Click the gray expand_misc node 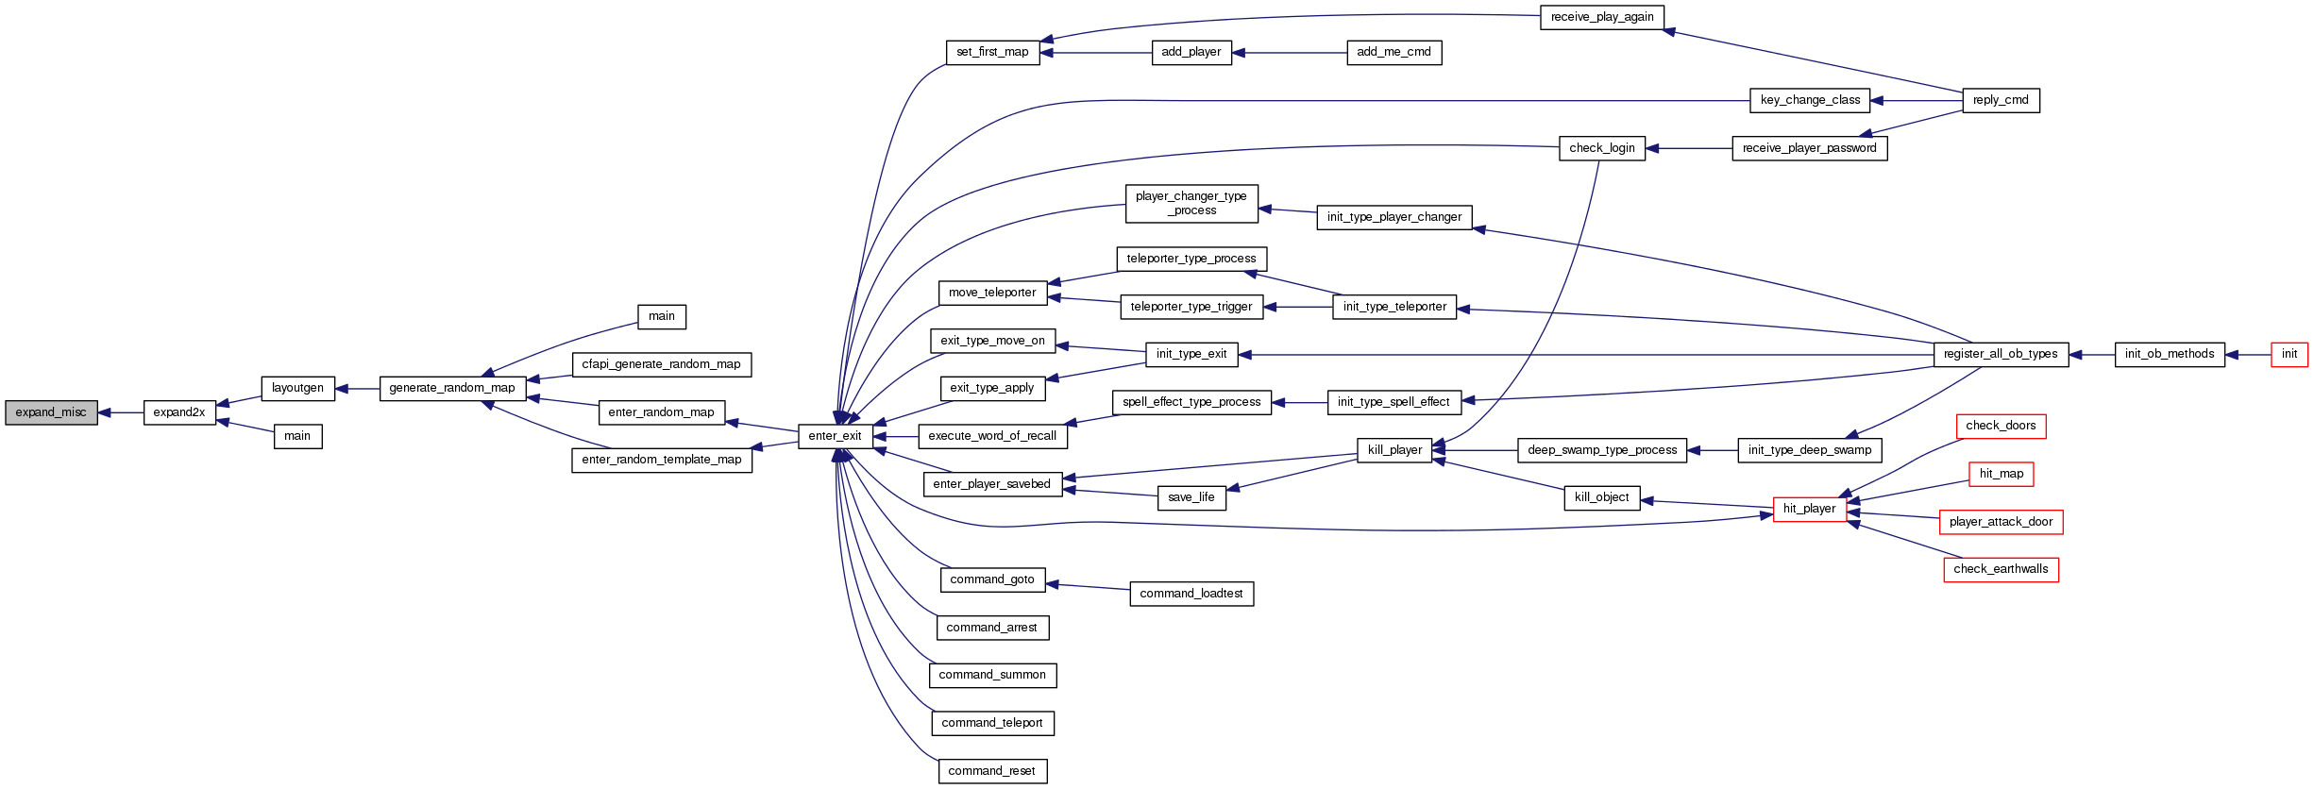[51, 412]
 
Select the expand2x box [179, 412]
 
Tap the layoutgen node [297, 388]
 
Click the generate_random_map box [452, 388]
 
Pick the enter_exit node [835, 436]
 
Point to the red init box [2289, 354]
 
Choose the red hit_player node [1809, 509]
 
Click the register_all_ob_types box [2001, 354]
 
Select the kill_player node [1394, 450]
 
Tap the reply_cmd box [2001, 100]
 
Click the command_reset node [991, 771]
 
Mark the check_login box [1602, 148]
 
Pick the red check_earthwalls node [2001, 569]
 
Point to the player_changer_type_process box [1191, 203]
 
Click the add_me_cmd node [1393, 52]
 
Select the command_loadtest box [1191, 594]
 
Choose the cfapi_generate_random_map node [661, 364]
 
